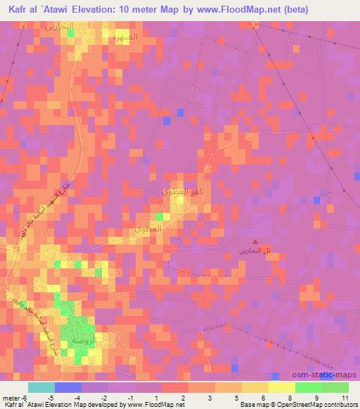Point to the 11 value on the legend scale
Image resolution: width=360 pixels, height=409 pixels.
click(345, 397)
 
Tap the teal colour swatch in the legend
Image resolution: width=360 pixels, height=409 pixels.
click(41, 387)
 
